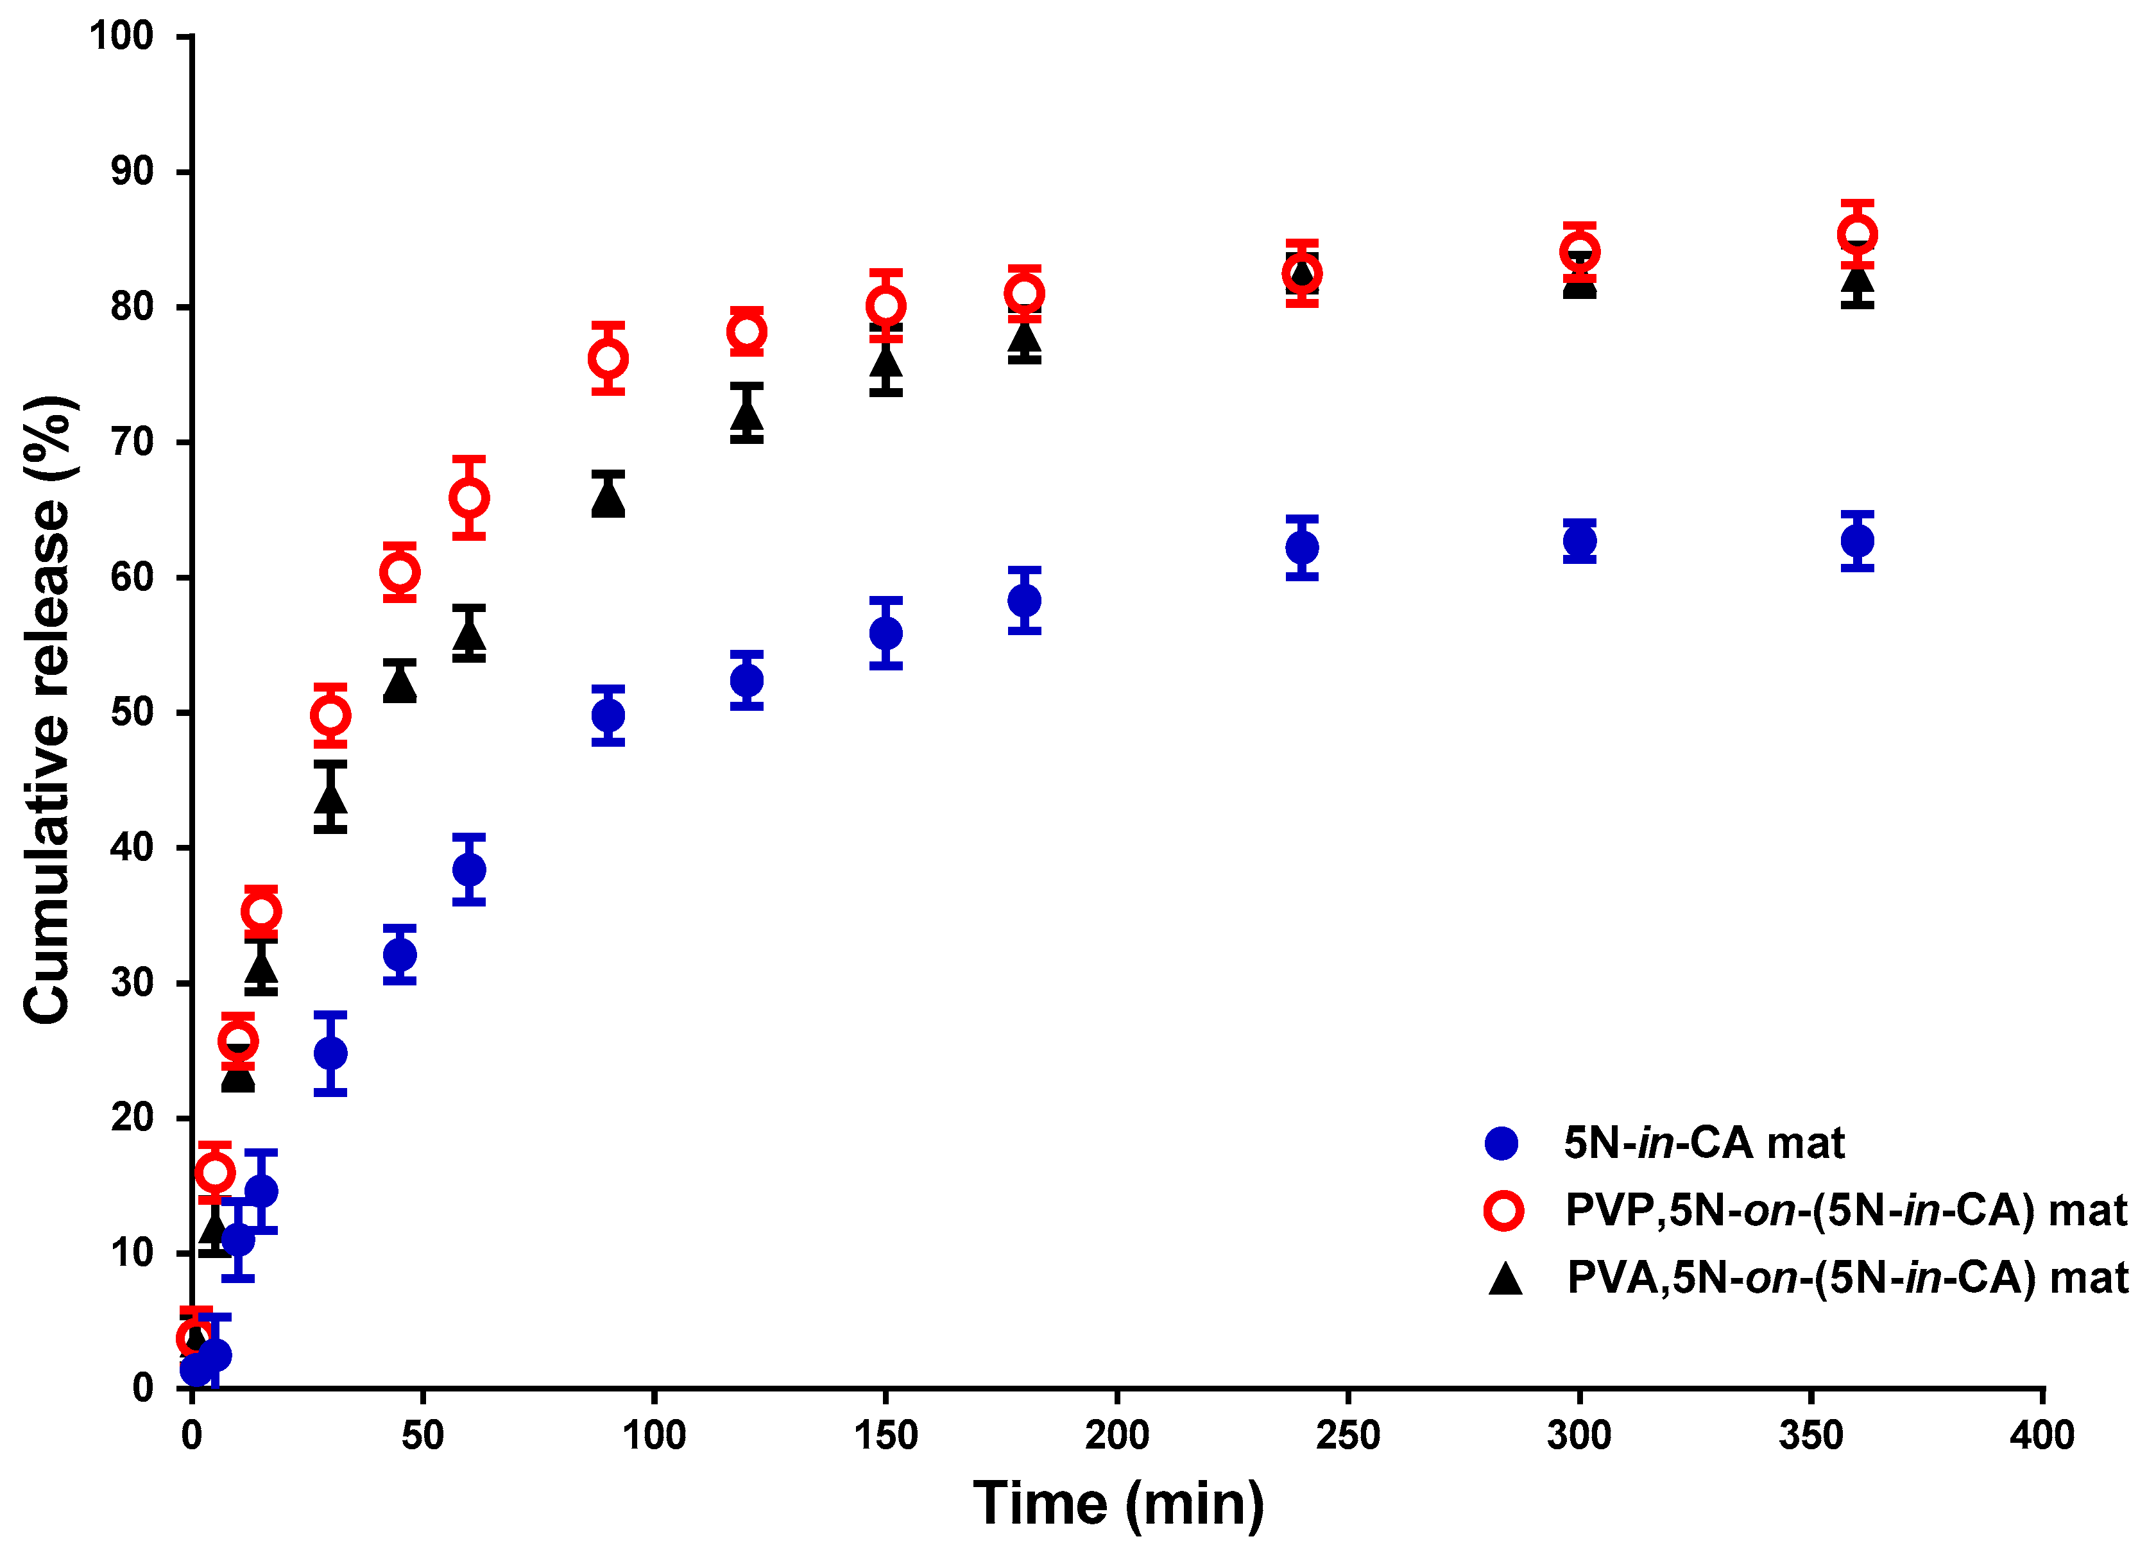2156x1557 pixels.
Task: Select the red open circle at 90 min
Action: pyautogui.click(x=608, y=359)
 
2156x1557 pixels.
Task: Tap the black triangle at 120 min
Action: pyautogui.click(x=747, y=415)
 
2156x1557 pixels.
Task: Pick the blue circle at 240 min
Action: pyautogui.click(x=1301, y=547)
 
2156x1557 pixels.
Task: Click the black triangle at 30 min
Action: pyautogui.click(x=330, y=797)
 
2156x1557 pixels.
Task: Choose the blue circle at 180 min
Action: pyautogui.click(x=1024, y=600)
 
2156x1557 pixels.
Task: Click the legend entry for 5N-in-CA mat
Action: pyautogui.click(x=1702, y=1143)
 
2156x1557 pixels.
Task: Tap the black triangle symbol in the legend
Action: pyautogui.click(x=1505, y=1279)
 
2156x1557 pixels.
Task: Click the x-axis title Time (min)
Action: pyautogui.click(x=1119, y=1503)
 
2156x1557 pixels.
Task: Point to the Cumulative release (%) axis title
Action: pyautogui.click(x=47, y=710)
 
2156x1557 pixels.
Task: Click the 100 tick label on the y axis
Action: pyautogui.click(x=122, y=36)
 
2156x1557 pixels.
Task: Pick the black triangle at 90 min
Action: pyautogui.click(x=608, y=497)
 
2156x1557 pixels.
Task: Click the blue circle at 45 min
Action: pyautogui.click(x=400, y=953)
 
